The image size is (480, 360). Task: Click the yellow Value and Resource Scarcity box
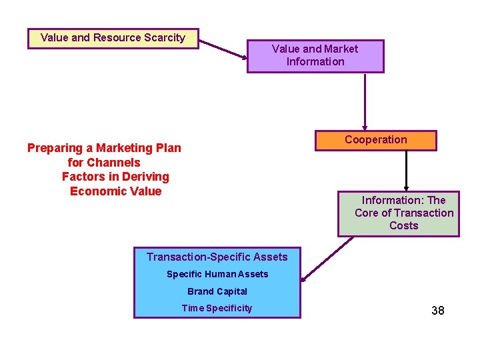tap(113, 38)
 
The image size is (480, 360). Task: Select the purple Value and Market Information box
tap(315, 56)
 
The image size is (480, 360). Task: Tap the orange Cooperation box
tap(375, 140)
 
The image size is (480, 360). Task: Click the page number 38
tap(437, 311)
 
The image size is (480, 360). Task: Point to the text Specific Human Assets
tap(217, 274)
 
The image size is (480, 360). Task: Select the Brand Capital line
tap(217, 291)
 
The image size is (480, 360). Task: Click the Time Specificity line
tap(217, 308)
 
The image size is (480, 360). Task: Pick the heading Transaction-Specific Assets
tap(217, 257)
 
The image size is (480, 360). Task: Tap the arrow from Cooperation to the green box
tap(406, 170)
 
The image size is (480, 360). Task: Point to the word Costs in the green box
tap(403, 225)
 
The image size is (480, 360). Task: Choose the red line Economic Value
tap(115, 191)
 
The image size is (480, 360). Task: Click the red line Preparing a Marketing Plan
tap(104, 148)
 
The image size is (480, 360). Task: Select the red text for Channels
tap(104, 163)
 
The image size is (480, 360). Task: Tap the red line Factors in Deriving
tap(115, 177)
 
